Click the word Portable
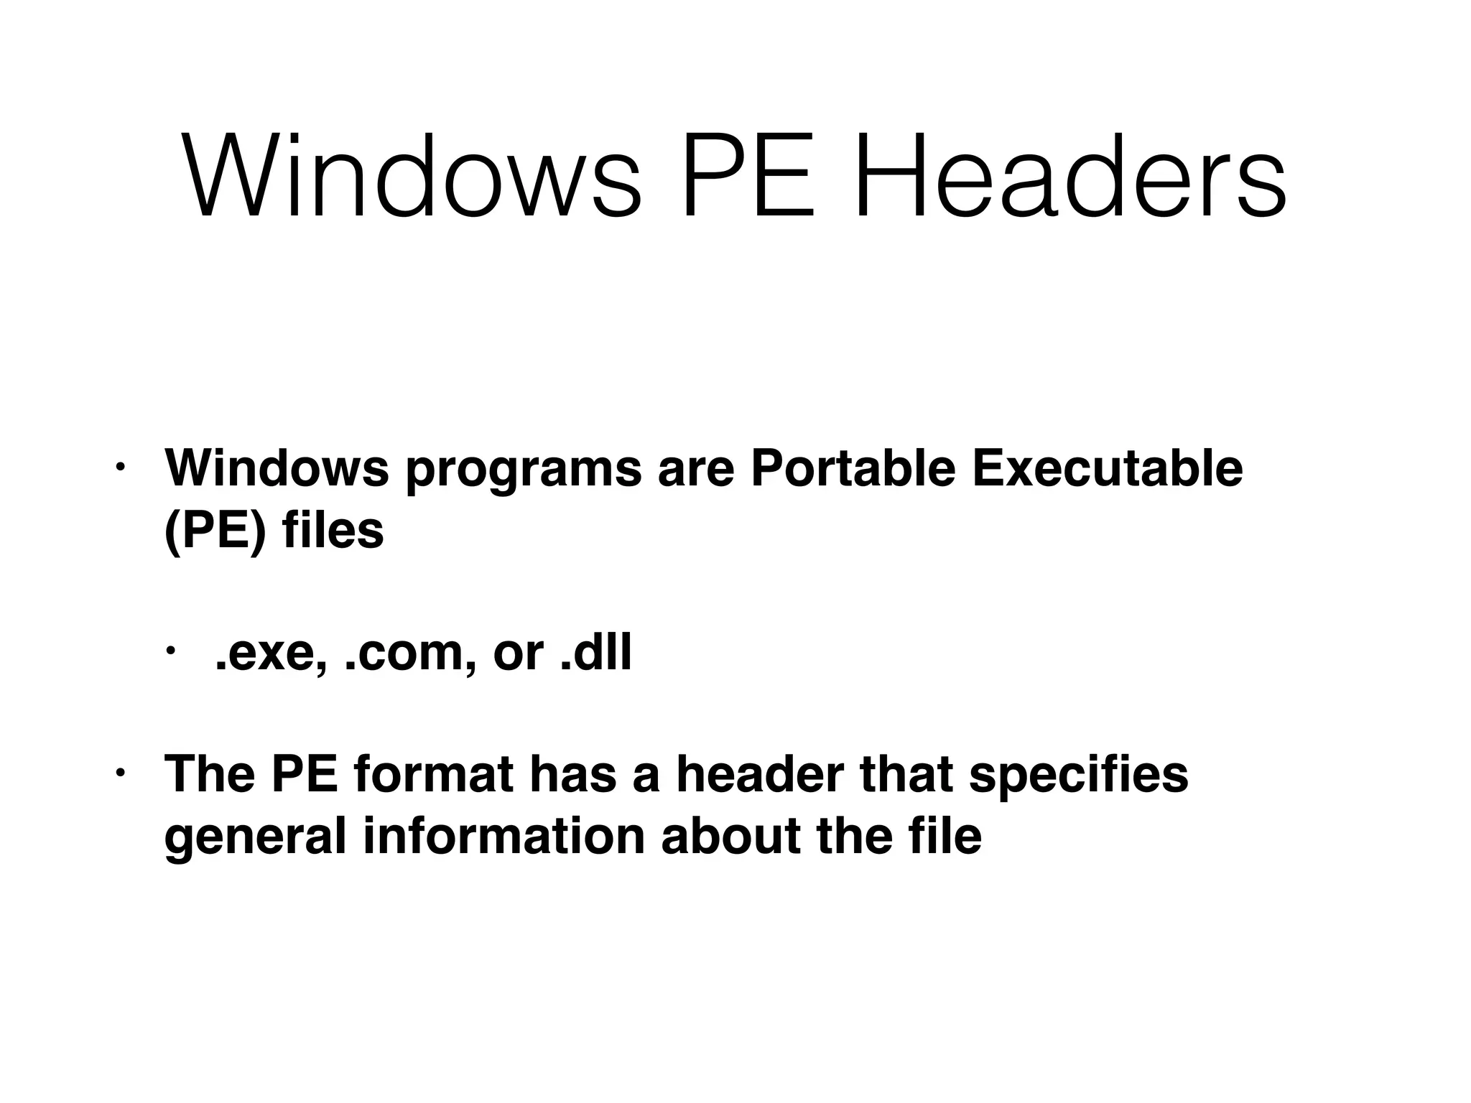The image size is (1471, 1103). tap(853, 468)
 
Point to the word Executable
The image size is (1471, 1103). tap(1107, 468)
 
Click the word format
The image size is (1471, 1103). tap(434, 774)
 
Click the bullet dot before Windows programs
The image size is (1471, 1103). tap(120, 467)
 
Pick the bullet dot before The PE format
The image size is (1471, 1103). tap(120, 773)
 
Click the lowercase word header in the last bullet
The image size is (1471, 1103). tap(761, 774)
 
